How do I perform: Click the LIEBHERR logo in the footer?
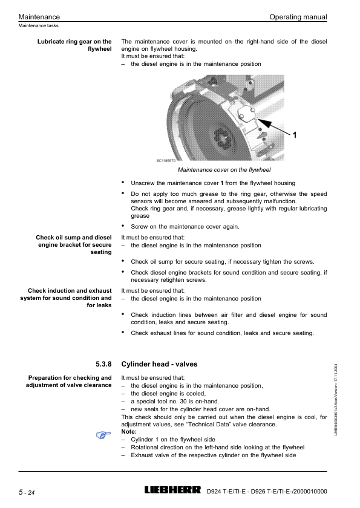(x=172, y=490)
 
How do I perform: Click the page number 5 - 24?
(x=27, y=492)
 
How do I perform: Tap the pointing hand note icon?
(x=103, y=435)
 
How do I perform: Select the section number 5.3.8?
(x=103, y=364)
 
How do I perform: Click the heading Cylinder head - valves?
(x=159, y=364)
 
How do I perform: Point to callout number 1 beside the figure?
(x=295, y=135)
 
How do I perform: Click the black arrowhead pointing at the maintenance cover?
(x=263, y=123)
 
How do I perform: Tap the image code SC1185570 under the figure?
(x=166, y=161)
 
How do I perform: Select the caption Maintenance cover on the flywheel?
(x=224, y=170)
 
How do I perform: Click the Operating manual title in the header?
(x=298, y=17)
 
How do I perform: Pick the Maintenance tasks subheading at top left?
(x=38, y=25)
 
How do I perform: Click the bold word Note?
(x=129, y=432)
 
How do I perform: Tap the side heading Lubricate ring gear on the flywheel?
(x=74, y=45)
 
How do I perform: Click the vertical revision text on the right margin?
(x=336, y=400)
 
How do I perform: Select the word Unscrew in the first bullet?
(x=143, y=183)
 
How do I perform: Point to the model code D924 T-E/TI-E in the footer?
(x=226, y=492)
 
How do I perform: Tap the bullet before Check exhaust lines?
(x=123, y=332)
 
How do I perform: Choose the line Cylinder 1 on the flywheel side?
(x=173, y=439)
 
